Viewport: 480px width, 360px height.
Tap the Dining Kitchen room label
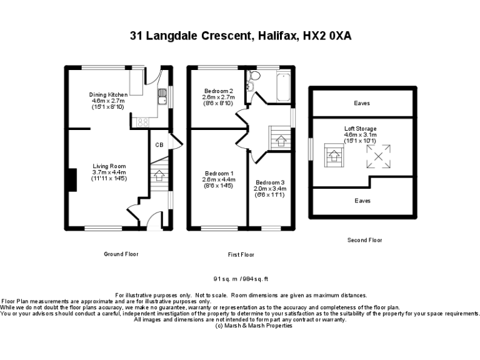click(109, 95)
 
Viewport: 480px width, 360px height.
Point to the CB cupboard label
click(159, 145)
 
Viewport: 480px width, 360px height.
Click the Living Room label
click(109, 166)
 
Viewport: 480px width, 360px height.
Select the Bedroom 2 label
click(217, 91)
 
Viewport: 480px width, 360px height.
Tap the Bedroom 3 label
click(269, 181)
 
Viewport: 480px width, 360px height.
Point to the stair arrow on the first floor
click(279, 141)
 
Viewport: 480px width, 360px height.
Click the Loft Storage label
click(360, 129)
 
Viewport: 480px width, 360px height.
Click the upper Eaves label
click(362, 103)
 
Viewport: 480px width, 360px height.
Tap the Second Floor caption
click(364, 240)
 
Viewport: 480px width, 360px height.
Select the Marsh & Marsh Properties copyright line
click(241, 326)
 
